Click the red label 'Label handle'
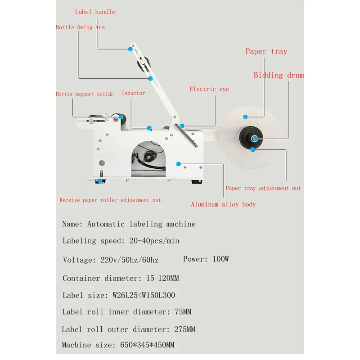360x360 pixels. (95, 12)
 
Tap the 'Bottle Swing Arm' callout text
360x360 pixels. (80, 27)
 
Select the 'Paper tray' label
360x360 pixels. (266, 51)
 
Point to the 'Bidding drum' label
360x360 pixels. (279, 75)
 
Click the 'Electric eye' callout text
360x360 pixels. (209, 89)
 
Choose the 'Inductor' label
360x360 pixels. (133, 93)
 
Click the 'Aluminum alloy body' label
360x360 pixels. (223, 204)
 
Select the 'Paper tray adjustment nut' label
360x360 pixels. (263, 188)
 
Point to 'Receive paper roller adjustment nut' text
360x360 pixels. (110, 200)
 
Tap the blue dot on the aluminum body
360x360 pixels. (179, 162)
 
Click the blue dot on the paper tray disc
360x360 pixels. (245, 117)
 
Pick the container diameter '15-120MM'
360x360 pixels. (162, 278)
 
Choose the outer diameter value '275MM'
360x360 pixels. (184, 329)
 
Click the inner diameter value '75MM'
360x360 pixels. (182, 311)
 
